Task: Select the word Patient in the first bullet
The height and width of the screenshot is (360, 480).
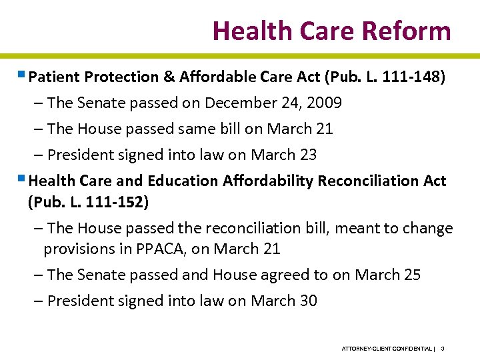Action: [x=53, y=77]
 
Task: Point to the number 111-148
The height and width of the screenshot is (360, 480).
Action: [x=412, y=77]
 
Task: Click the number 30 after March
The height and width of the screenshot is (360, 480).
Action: [x=307, y=301]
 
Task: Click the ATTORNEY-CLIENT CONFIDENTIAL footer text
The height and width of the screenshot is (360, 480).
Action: [x=387, y=349]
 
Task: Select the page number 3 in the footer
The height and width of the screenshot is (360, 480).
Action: [x=443, y=349]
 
